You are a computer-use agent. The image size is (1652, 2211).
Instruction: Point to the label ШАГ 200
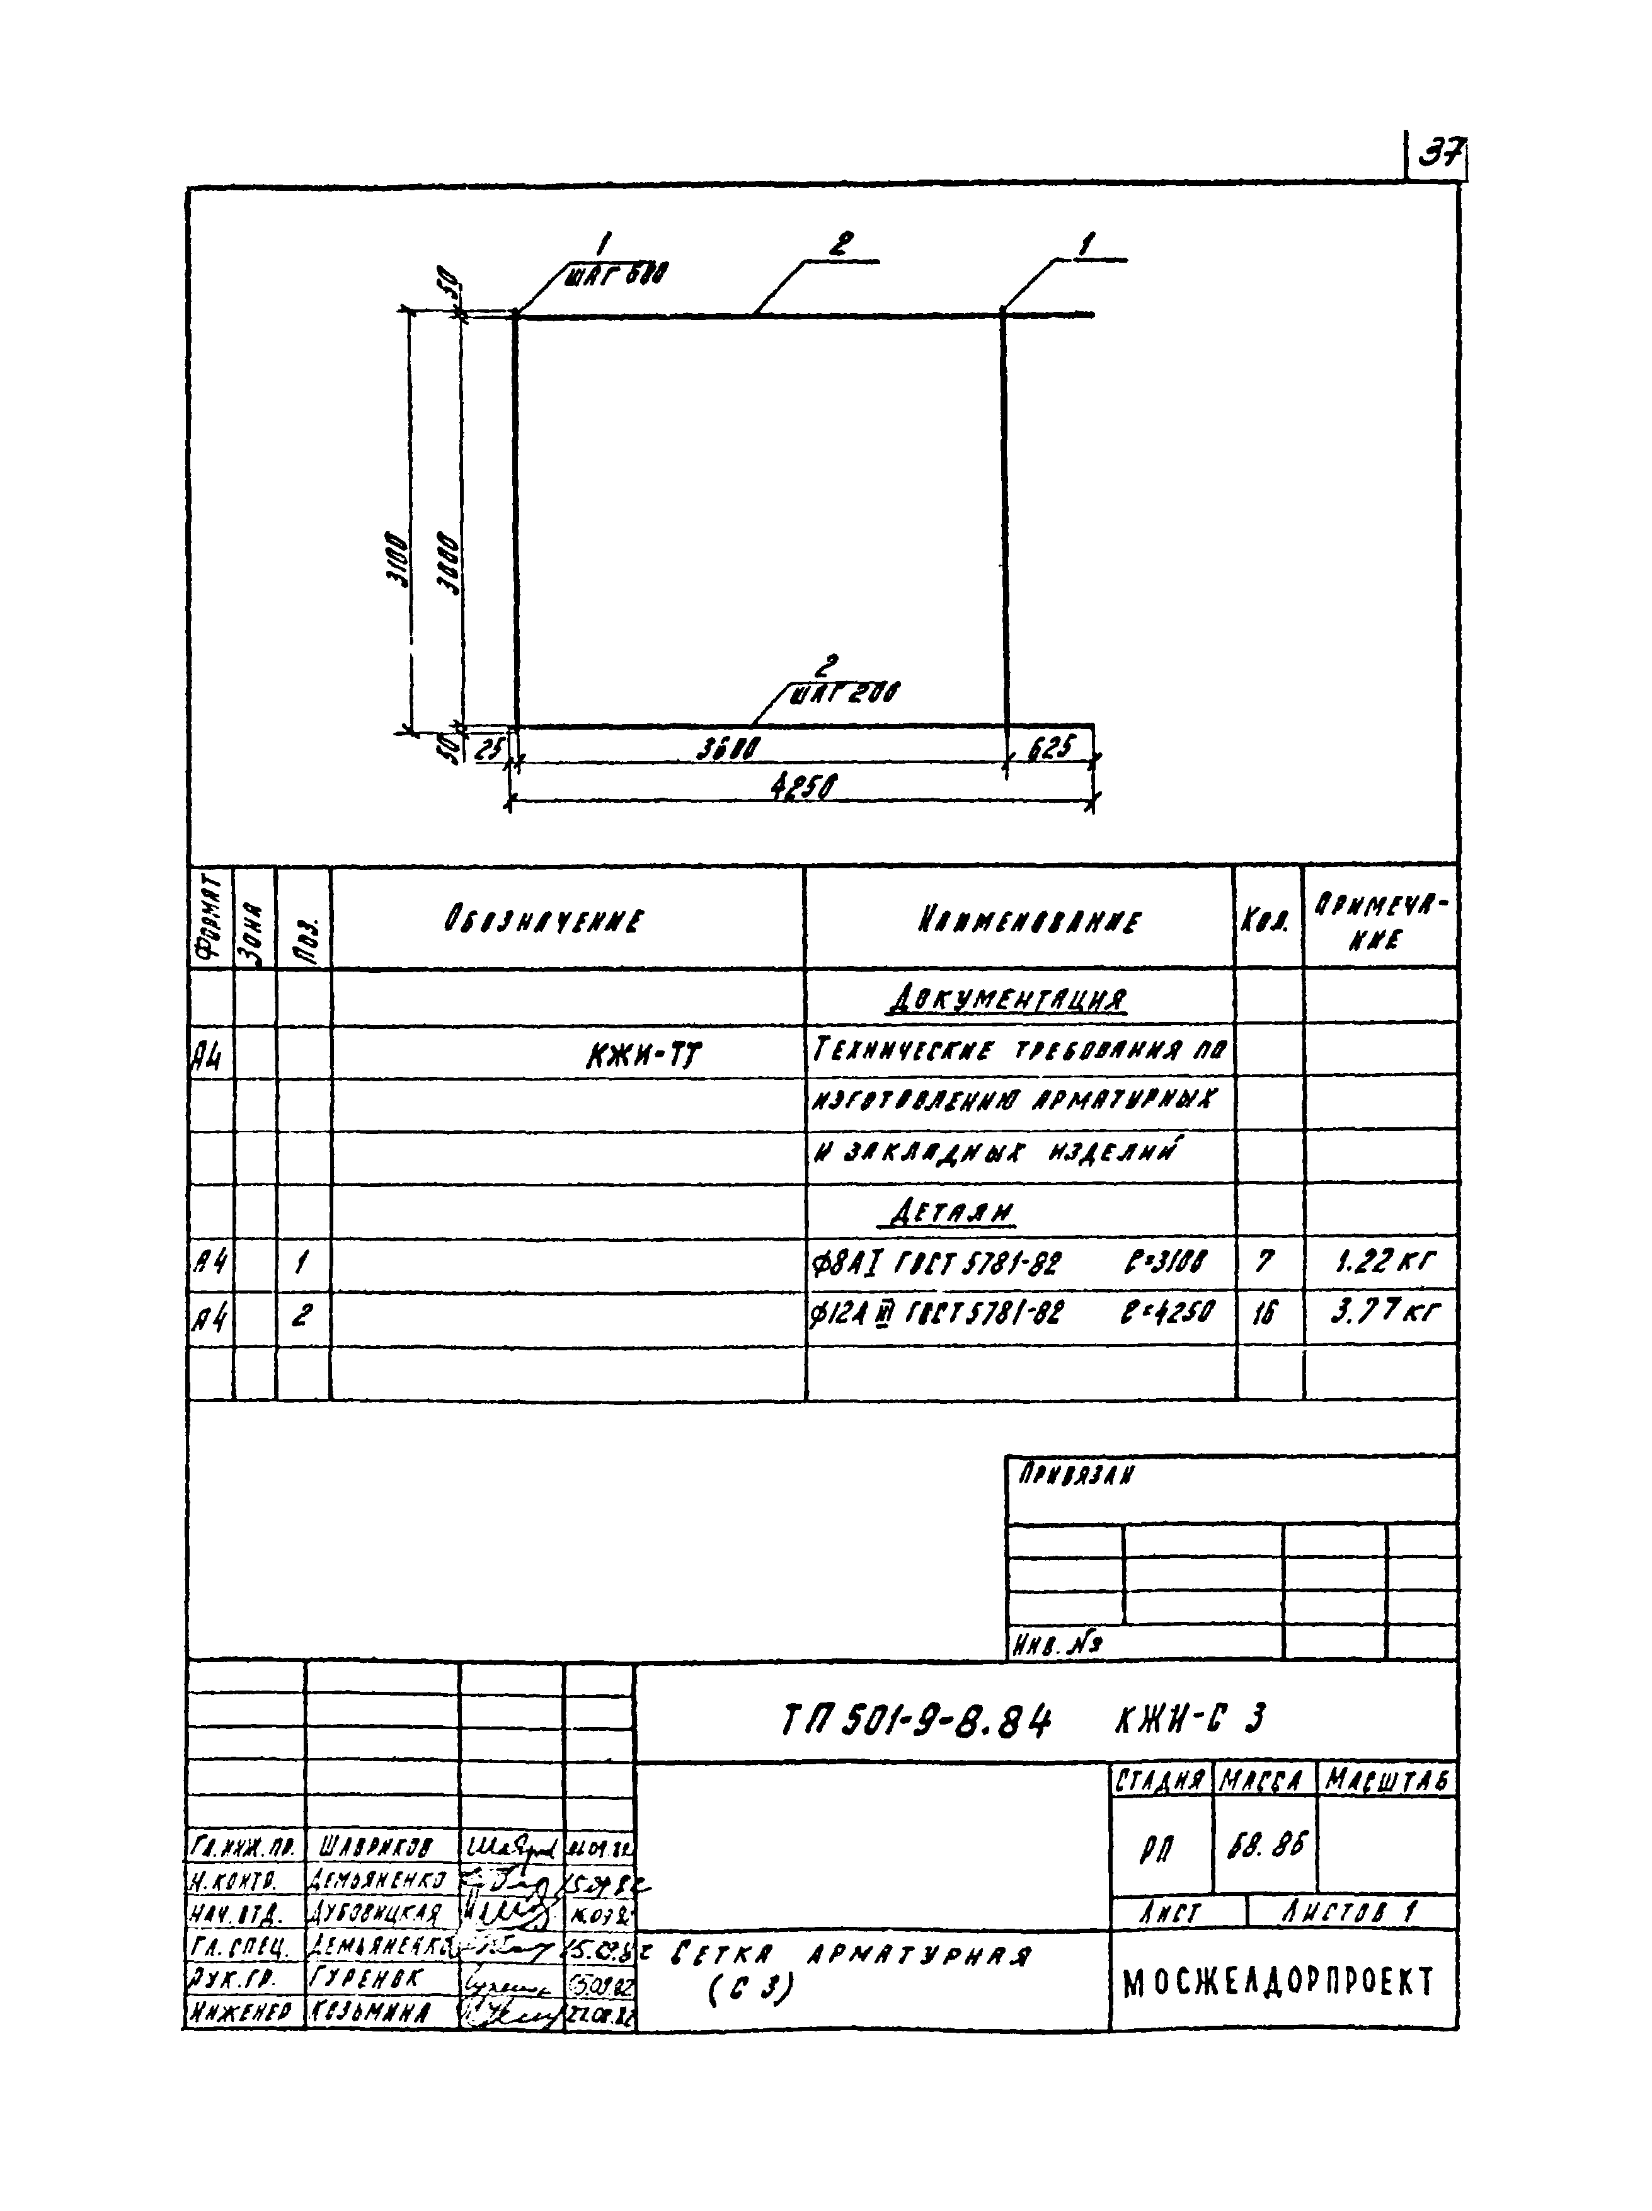coord(844,692)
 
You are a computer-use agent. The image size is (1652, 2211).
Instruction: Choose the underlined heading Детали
coord(951,1214)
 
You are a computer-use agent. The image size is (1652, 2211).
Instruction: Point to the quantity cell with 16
coord(1265,1311)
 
